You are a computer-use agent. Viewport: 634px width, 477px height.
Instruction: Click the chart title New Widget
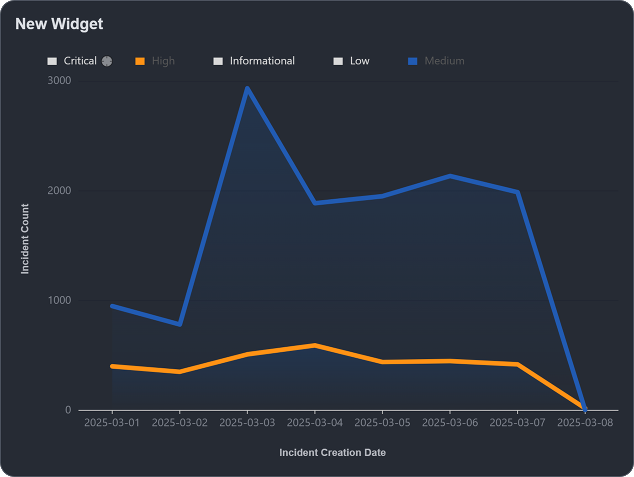pyautogui.click(x=59, y=24)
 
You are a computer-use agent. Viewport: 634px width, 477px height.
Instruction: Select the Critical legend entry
pyautogui.click(x=80, y=61)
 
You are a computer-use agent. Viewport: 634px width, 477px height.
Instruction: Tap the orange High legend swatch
pyautogui.click(x=140, y=61)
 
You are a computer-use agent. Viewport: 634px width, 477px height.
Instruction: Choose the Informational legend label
pyautogui.click(x=262, y=61)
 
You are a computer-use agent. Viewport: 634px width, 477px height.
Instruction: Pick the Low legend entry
pyautogui.click(x=359, y=61)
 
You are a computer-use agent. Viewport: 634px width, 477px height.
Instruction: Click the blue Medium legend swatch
pyautogui.click(x=412, y=61)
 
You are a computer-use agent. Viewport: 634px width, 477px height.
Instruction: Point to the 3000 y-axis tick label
pyautogui.click(x=59, y=80)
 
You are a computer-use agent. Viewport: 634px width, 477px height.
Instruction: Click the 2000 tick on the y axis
pyautogui.click(x=59, y=191)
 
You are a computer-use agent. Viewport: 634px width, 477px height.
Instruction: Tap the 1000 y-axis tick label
pyautogui.click(x=59, y=300)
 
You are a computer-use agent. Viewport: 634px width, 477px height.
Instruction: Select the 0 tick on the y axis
pyautogui.click(x=68, y=410)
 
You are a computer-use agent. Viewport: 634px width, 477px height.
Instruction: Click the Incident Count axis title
pyautogui.click(x=25, y=238)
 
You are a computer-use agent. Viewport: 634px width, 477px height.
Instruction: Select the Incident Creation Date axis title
pyautogui.click(x=333, y=452)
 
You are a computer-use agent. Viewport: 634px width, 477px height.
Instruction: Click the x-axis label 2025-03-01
pyautogui.click(x=112, y=423)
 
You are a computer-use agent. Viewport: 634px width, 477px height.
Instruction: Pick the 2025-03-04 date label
pyautogui.click(x=315, y=423)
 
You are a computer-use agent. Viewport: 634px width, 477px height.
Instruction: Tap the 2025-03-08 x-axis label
pyautogui.click(x=585, y=423)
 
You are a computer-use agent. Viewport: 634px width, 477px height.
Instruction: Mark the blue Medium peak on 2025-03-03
pyautogui.click(x=247, y=88)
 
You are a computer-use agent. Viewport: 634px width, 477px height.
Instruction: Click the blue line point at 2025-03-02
pyautogui.click(x=180, y=324)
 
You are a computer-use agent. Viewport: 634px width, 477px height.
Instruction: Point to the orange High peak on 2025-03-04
pyautogui.click(x=315, y=345)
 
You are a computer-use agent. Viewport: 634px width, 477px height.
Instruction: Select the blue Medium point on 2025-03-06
pyautogui.click(x=450, y=176)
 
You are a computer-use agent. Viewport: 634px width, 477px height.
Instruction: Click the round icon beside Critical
pyautogui.click(x=107, y=61)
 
